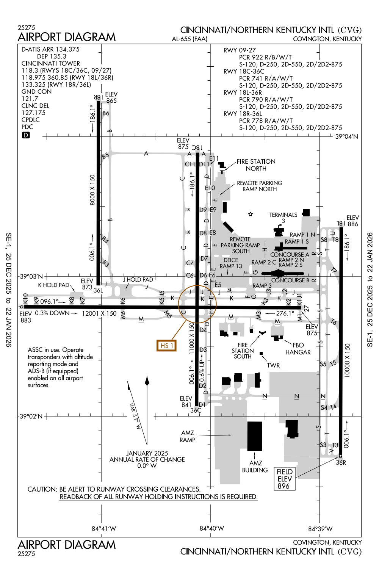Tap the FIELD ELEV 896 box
pos(284,479)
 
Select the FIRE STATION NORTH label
pos(256,165)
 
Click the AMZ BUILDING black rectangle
pos(255,436)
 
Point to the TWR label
pos(273,365)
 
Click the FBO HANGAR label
pos(298,349)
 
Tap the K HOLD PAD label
pos(53,285)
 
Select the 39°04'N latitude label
pos(346,136)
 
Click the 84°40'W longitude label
pos(212,528)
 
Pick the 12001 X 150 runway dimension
pos(99,313)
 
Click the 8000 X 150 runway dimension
pos(92,190)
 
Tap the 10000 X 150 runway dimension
pos(347,360)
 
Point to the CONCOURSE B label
pos(290,280)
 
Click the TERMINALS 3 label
pos(283,218)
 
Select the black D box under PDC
pos(26,135)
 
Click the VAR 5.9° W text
pos(135,416)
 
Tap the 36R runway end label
pos(341,462)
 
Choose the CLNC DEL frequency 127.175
pos(33,113)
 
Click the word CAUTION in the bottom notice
pos(42,489)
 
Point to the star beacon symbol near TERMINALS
pos(250,214)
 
